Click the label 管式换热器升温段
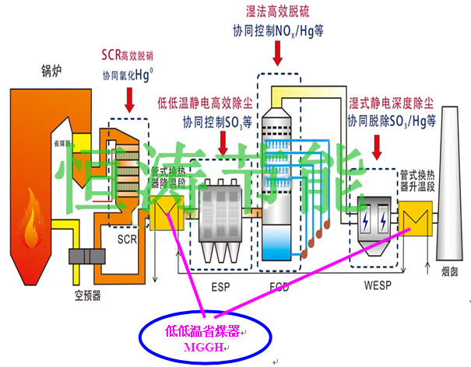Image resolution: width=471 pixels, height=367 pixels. tap(418, 180)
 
